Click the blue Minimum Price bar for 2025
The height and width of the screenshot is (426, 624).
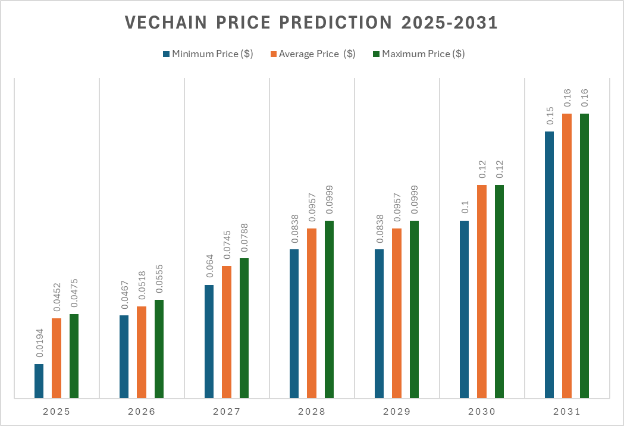point(39,381)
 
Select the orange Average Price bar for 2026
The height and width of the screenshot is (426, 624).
point(142,352)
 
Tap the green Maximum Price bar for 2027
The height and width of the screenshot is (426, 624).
point(244,328)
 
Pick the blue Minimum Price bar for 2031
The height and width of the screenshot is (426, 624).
point(549,264)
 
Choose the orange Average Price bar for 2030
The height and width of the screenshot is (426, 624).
point(482,291)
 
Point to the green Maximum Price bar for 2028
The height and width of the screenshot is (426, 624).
point(329,309)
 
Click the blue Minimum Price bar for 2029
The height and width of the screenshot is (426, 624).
point(379,323)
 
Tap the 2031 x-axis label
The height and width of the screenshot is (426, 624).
point(567,412)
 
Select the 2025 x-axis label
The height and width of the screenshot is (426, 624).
point(57,412)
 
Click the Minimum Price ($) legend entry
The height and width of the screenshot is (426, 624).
point(208,54)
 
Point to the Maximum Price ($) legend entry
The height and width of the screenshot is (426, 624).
point(418,54)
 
